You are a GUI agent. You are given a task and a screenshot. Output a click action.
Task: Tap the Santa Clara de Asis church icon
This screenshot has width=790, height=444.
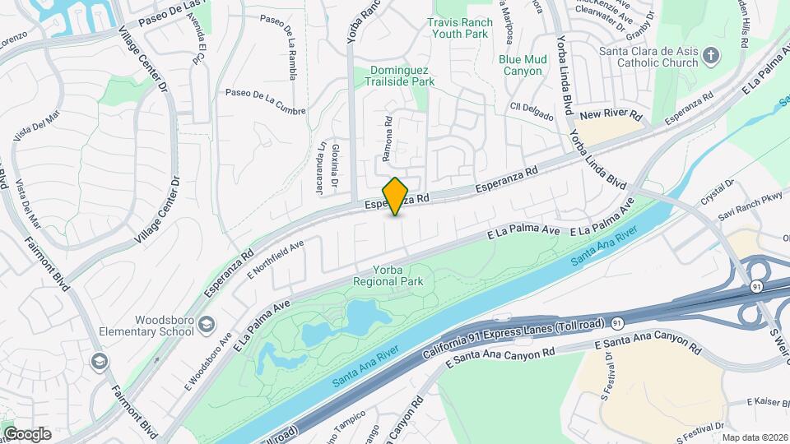tap(713, 57)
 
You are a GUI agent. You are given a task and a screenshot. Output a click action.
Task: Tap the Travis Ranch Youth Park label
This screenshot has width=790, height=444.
tap(460, 28)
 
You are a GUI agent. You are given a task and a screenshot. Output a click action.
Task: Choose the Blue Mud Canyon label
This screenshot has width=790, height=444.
tap(521, 65)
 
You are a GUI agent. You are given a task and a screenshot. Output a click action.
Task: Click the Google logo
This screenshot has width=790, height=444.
tap(26, 433)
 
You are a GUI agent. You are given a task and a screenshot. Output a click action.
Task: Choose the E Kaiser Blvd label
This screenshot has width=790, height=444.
tap(767, 401)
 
